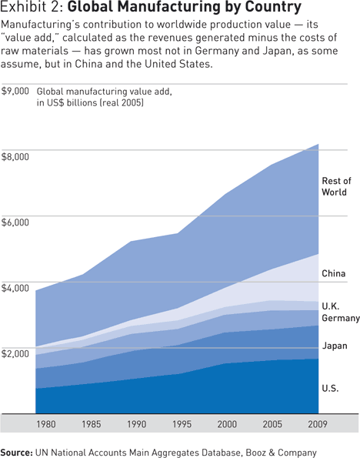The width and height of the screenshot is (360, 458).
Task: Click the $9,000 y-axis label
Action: [15, 91]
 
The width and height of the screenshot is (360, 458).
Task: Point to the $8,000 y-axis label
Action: [15, 156]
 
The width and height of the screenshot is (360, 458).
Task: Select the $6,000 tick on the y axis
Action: [15, 222]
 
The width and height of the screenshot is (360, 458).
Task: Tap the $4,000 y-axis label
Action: [15, 288]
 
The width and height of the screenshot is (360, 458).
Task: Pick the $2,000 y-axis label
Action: [15, 354]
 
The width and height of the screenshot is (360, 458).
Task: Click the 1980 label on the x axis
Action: [46, 423]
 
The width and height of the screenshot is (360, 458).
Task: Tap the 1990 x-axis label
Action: [136, 423]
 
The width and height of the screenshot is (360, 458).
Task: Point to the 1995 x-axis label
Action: [182, 423]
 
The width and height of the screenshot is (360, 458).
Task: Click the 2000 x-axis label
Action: [228, 423]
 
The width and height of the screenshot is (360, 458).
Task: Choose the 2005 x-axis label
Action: [274, 423]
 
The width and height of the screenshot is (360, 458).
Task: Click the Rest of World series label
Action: [335, 187]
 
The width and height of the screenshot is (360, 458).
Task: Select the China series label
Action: [333, 273]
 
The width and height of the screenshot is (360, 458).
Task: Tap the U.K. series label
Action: [332, 305]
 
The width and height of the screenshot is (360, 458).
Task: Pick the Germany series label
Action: [340, 318]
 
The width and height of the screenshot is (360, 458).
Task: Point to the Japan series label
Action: [335, 346]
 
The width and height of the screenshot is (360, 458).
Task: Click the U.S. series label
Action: [330, 389]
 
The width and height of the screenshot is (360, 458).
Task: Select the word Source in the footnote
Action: [22, 452]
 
